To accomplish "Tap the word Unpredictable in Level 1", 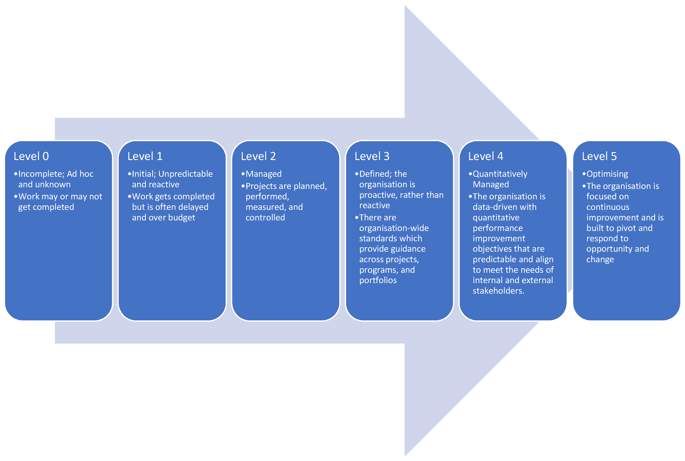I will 185,174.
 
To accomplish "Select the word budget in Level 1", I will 182,218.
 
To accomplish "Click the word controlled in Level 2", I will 265,218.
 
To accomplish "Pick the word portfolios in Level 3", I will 378,280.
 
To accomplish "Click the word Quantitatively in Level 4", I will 500,174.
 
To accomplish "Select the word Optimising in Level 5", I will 607,174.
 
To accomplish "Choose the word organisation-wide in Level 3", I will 394,228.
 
